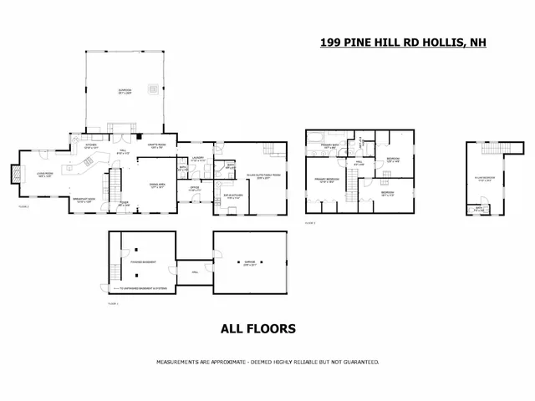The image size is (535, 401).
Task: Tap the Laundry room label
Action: pos(198,159)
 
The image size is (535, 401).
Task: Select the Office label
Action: pos(193,189)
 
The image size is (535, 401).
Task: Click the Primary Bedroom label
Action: pos(326,180)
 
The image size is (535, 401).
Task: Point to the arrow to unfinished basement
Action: pos(114,288)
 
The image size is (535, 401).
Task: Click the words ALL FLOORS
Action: pos(257,329)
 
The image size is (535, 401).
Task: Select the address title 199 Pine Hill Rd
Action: pos(403,41)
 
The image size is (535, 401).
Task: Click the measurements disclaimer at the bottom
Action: pos(267,362)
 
